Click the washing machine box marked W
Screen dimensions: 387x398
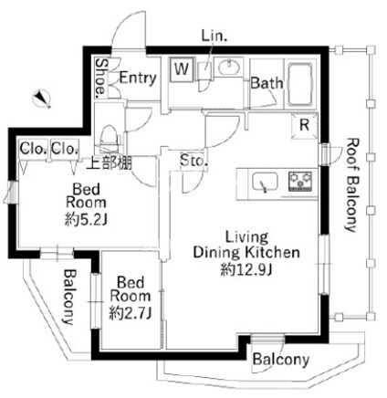[x=182, y=69]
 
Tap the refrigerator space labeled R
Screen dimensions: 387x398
[x=305, y=125]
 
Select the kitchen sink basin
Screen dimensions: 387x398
[x=265, y=183]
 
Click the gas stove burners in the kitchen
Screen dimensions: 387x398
[x=300, y=181]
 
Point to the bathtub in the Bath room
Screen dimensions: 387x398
[x=299, y=84]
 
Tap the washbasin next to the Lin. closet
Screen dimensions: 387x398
[x=229, y=67]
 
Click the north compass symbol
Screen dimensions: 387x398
[x=42, y=98]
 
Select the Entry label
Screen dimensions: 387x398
[x=138, y=79]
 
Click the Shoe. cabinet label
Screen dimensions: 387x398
[x=100, y=78]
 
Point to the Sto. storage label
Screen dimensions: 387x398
[x=193, y=161]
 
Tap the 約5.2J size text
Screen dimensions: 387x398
[x=86, y=220]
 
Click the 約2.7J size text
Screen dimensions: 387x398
[x=131, y=313]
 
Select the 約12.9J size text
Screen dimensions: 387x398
[x=246, y=269]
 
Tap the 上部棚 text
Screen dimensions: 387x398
[x=110, y=163]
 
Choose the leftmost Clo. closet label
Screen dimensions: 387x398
[x=34, y=149]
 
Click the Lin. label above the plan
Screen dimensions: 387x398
[x=214, y=37]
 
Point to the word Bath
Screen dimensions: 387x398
[x=267, y=83]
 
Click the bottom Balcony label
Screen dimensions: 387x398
[x=281, y=360]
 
